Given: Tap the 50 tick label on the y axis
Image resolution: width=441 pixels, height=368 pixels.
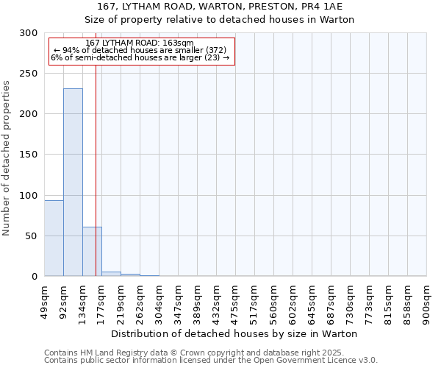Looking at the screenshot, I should click(x=31, y=236).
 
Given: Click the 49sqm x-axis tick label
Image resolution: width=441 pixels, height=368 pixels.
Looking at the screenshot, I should click(x=45, y=300).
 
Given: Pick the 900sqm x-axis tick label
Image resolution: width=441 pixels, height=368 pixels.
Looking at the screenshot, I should click(x=427, y=300).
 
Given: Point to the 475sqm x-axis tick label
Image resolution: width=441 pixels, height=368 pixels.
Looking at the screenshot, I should click(x=236, y=300).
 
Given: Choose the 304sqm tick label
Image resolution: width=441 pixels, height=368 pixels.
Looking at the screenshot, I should click(x=159, y=300).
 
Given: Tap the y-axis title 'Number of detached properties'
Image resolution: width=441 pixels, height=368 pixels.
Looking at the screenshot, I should click(x=7, y=158).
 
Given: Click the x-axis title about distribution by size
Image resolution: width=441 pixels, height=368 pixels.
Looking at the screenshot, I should click(x=234, y=333).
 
